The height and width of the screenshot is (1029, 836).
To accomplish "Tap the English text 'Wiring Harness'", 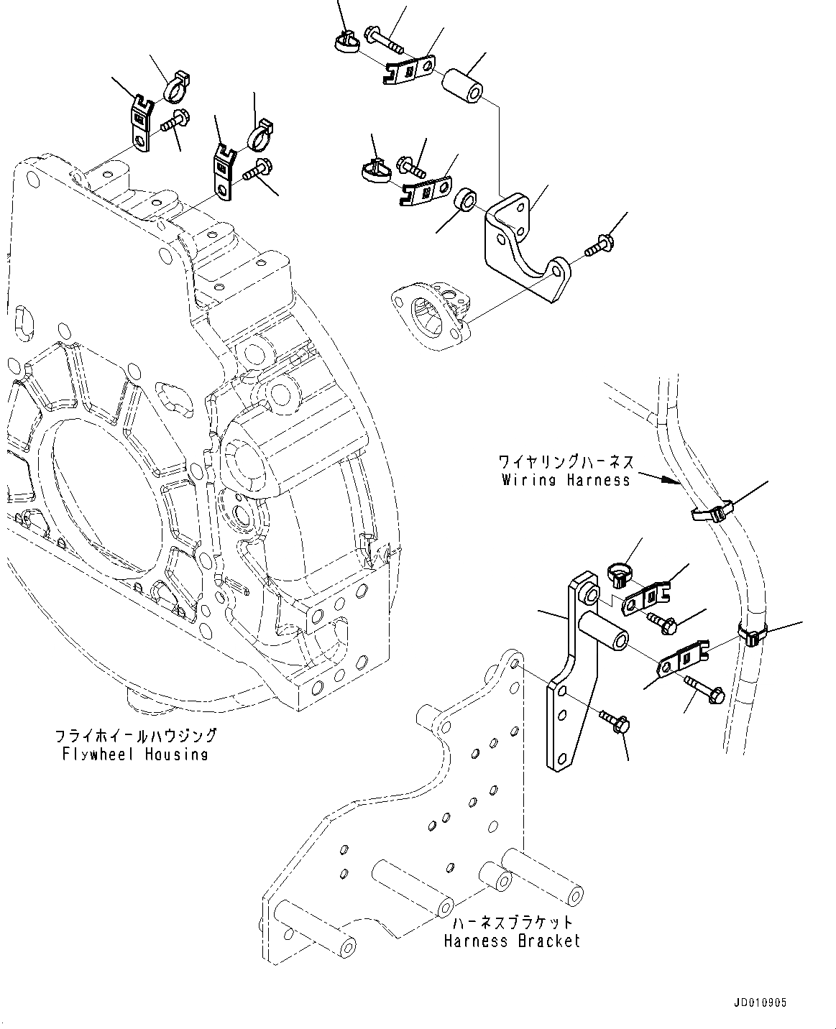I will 566,480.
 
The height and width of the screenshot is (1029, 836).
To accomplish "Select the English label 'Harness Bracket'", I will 511,941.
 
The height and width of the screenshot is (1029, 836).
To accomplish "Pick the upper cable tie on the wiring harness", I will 711,512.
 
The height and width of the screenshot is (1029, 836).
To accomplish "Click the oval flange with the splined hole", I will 430,316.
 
